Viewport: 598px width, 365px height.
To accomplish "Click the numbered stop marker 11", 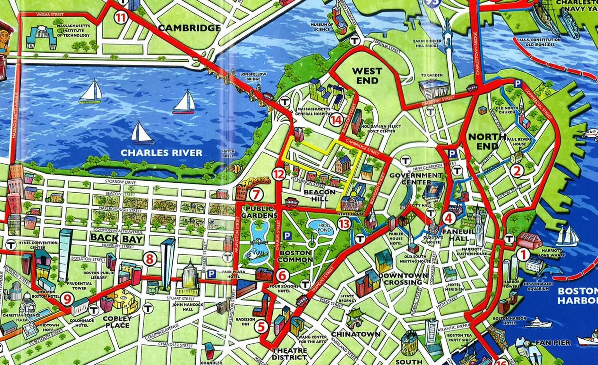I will point(121,18).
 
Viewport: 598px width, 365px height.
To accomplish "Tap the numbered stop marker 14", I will point(336,120).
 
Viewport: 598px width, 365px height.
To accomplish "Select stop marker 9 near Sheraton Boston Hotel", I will point(67,299).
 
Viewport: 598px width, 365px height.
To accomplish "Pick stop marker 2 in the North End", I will point(517,170).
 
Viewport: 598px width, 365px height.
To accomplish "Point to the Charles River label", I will point(161,153).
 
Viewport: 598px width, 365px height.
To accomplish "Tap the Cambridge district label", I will point(189,28).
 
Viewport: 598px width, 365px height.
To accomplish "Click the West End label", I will point(367,76).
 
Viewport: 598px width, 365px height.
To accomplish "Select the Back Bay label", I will point(117,238).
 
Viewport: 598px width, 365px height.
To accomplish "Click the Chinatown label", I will point(356,334).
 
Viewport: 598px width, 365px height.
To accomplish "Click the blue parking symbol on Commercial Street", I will point(517,83).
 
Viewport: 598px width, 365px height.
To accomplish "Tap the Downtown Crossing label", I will point(403,279).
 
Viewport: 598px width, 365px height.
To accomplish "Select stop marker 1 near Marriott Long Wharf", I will point(523,255).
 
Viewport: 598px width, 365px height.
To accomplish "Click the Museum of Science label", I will point(321,27).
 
